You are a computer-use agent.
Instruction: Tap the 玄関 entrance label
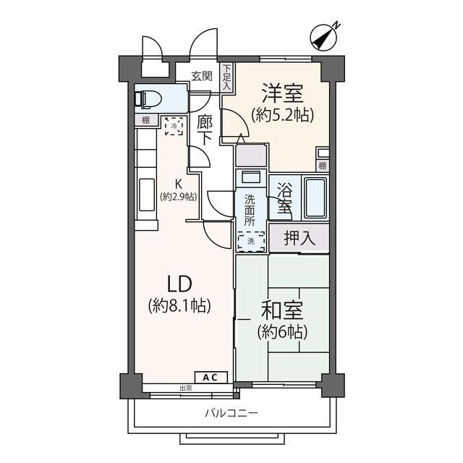(202, 76)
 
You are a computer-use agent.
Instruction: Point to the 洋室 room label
(282, 93)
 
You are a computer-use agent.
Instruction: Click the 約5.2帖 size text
(283, 114)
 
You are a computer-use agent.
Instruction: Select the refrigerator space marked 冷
(173, 127)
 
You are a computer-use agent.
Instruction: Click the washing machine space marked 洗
(251, 239)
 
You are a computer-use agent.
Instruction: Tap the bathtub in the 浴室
(315, 197)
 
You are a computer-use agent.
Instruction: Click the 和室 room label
(284, 311)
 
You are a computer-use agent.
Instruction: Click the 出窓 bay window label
(187, 388)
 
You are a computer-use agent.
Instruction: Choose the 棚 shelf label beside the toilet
(145, 120)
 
